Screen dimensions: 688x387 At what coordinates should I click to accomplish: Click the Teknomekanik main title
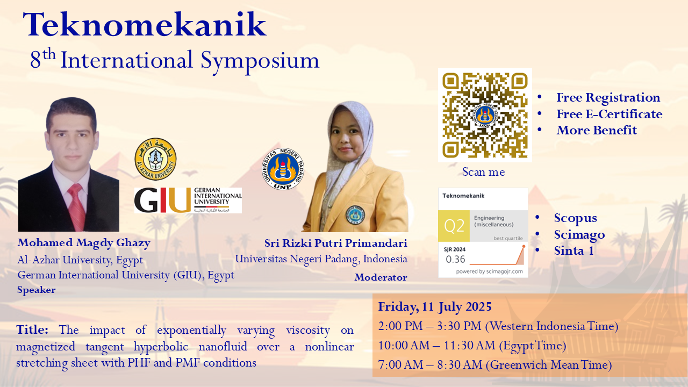pos(145,25)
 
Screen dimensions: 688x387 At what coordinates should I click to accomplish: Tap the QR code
pos(485,115)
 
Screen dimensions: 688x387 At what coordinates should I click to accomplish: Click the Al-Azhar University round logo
pos(155,159)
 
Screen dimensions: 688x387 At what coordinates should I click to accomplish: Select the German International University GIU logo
pos(188,200)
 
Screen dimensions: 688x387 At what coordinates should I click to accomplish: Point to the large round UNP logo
pos(283,169)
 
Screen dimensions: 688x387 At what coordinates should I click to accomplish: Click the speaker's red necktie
pos(76,207)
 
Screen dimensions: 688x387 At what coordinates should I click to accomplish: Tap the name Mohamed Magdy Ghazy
pos(84,242)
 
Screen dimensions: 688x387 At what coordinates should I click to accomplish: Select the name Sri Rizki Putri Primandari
pos(336,243)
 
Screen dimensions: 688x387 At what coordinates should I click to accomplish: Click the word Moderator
pos(381,277)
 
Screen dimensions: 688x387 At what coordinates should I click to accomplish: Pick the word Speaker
pos(37,290)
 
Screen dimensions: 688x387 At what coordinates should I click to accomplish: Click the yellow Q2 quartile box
pos(454,226)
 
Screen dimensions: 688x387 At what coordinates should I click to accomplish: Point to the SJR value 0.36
pos(455,259)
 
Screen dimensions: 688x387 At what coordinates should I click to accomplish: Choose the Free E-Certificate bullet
pos(610,114)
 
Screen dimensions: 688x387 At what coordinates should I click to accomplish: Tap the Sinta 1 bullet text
pos(574,250)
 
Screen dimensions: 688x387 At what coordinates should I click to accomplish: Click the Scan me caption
pos(484,172)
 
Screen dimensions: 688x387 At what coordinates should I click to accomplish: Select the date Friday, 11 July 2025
pos(435,306)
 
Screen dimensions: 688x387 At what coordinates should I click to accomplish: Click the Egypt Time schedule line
pos(472,346)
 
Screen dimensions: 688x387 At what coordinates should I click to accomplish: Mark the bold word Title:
pos(32,329)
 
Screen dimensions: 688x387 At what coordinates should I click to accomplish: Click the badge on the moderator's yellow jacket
pos(355,214)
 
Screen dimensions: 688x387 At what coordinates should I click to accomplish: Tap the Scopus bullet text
pos(576,218)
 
